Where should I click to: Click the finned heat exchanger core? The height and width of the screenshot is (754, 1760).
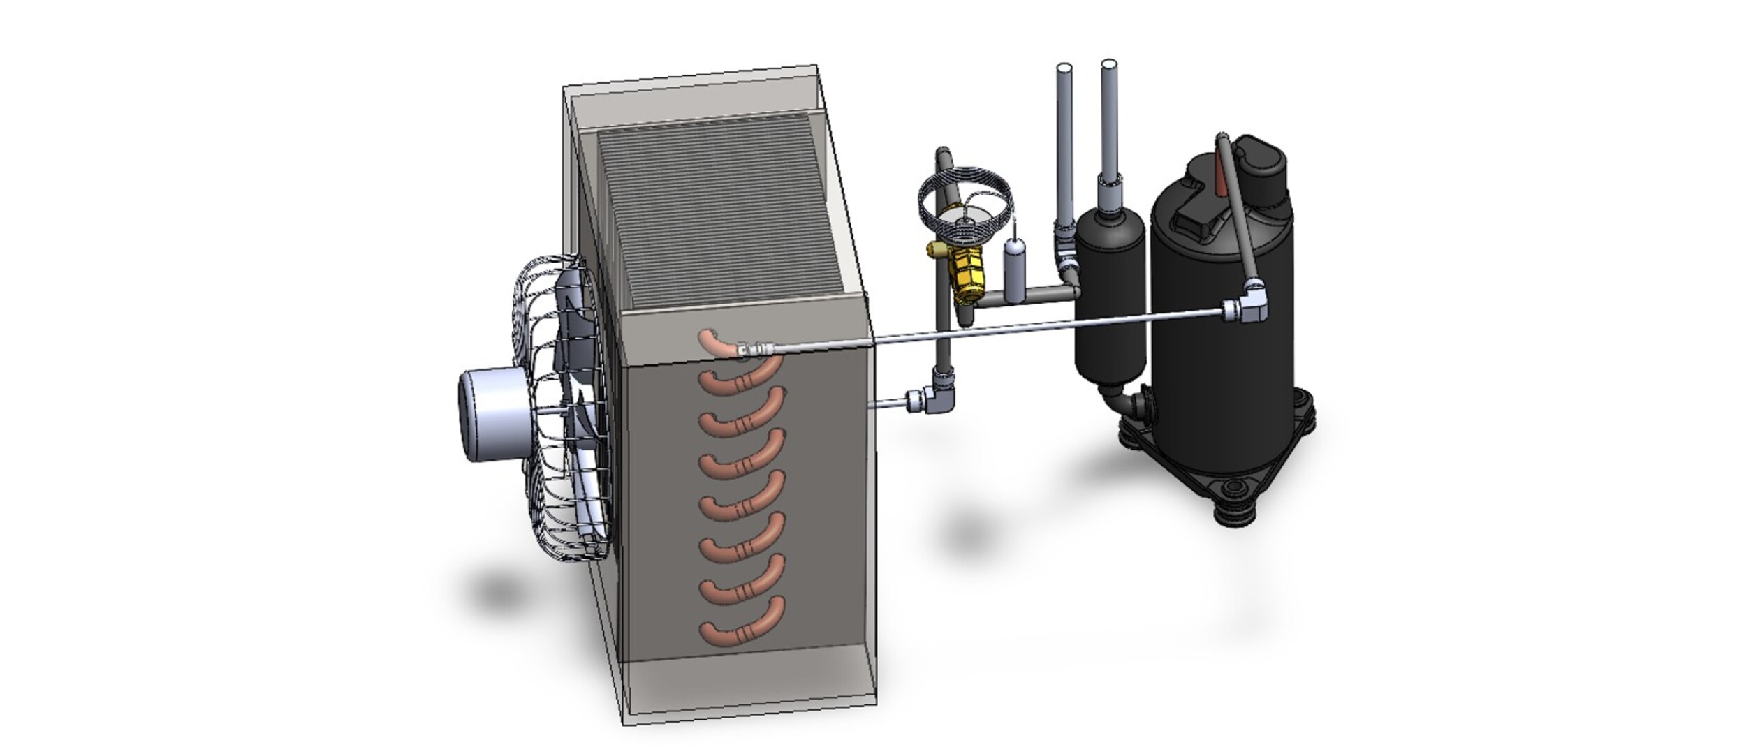pos(719,209)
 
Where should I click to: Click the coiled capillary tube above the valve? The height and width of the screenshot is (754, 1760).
pos(965,193)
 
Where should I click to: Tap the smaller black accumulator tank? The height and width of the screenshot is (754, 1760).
pos(1110,300)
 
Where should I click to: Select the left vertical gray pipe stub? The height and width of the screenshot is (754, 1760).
pos(1064,140)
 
